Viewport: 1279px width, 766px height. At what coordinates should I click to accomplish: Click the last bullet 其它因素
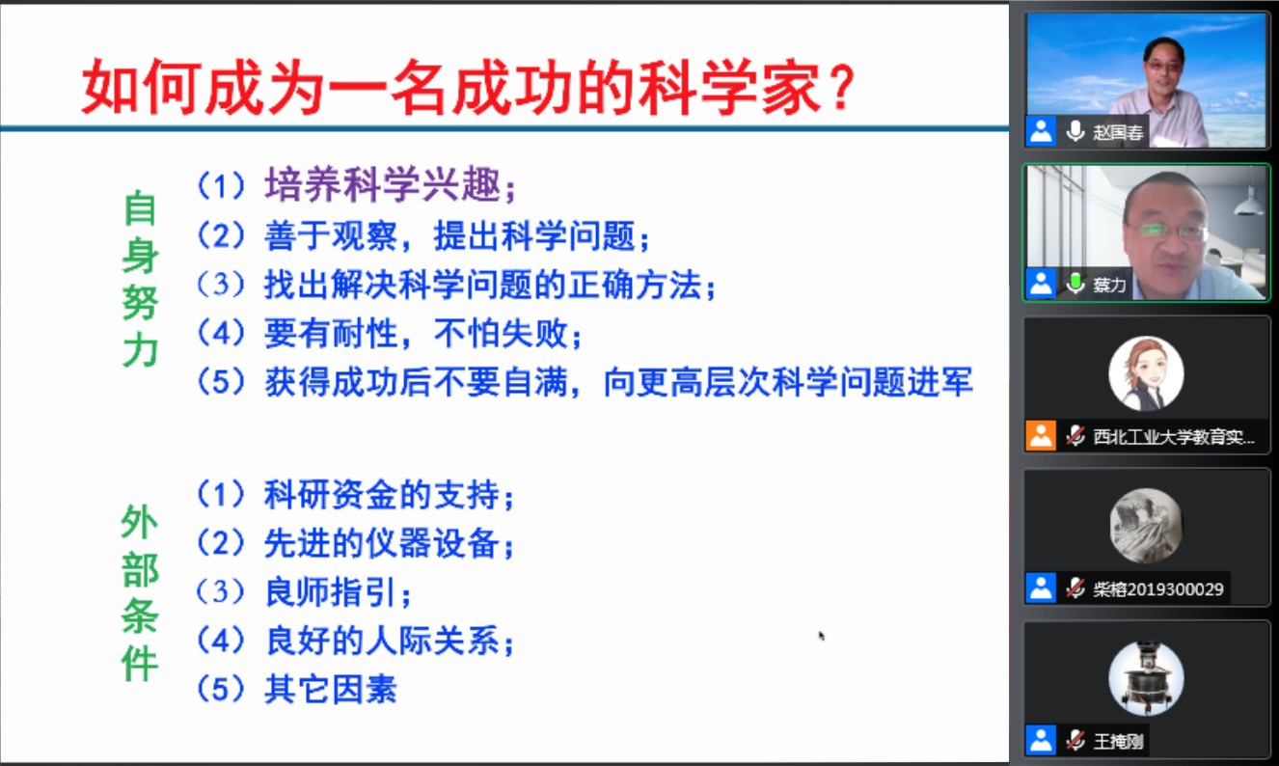coord(331,689)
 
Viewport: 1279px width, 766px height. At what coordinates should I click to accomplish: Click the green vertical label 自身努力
coord(140,280)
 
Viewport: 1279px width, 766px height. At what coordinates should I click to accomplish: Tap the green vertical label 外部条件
coord(139,591)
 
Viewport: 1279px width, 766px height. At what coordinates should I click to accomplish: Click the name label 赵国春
coord(1118,132)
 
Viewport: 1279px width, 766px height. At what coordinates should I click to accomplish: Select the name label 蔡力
coord(1109,284)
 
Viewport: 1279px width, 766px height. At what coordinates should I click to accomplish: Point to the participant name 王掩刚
coord(1118,742)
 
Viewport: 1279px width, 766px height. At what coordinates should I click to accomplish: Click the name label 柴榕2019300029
coord(1158,588)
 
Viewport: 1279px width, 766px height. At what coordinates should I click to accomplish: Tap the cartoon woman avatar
coord(1146,373)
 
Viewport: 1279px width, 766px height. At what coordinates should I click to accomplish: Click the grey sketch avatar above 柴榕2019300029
coord(1146,526)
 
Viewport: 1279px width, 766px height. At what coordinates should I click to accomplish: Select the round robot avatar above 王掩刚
coord(1146,678)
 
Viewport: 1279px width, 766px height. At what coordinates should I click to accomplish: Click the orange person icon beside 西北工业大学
coord(1041,436)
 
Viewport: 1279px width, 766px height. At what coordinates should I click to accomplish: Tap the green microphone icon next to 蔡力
coord(1075,284)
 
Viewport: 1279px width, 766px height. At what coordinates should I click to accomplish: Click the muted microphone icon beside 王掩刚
coord(1075,741)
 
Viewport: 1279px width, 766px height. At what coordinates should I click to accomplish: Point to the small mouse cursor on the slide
coord(821,635)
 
